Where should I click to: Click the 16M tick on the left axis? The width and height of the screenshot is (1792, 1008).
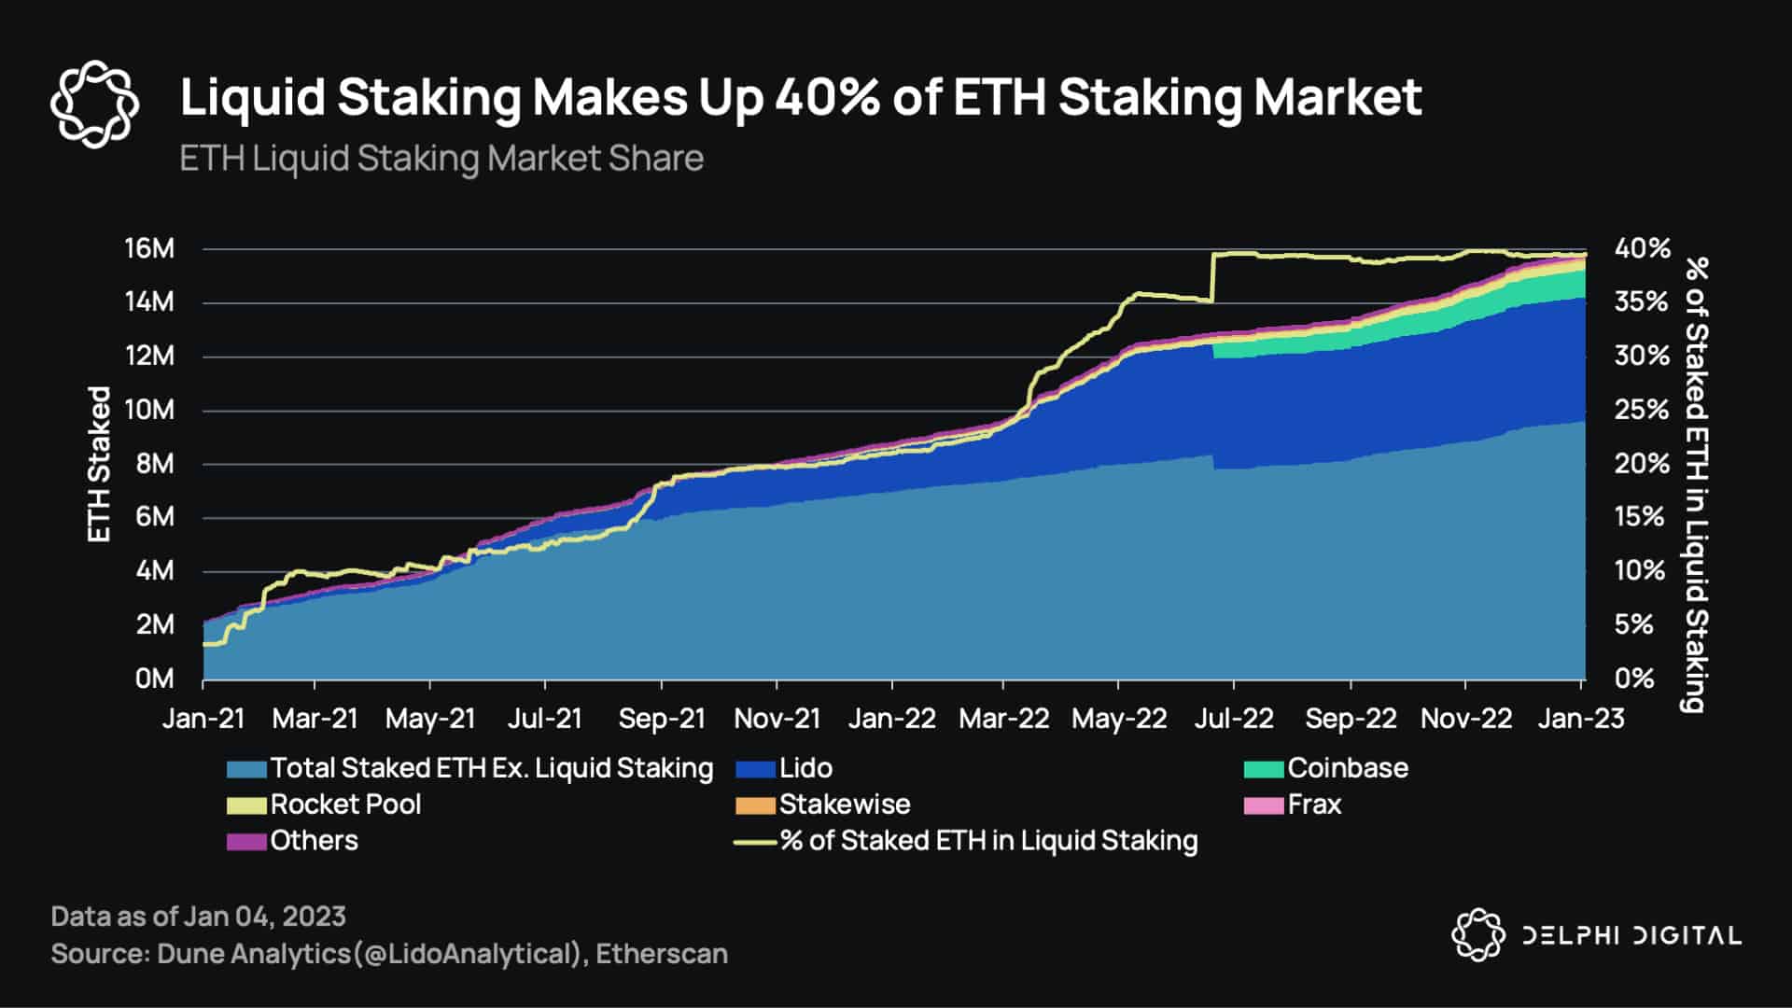pos(149,249)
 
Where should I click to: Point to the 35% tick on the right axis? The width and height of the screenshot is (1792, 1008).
pos(1642,301)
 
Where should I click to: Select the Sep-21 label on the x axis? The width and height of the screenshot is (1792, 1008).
pos(662,719)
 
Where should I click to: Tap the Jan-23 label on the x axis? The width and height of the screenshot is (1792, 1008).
pos(1581,719)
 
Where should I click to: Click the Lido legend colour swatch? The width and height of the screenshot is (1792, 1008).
pos(755,769)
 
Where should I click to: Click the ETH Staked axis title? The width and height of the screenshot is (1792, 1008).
pos(99,464)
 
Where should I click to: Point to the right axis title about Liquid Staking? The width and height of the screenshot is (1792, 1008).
pos(1696,485)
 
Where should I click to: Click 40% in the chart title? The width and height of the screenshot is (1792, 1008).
pos(826,97)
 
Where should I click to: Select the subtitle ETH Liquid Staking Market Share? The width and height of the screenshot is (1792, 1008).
pos(441,159)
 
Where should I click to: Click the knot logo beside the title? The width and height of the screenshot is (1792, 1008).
pos(94,104)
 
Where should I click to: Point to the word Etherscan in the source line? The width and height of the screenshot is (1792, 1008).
pos(662,954)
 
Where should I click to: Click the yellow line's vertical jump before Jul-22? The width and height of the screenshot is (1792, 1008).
pos(1212,278)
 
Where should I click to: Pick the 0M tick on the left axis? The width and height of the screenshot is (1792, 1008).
pos(154,679)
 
